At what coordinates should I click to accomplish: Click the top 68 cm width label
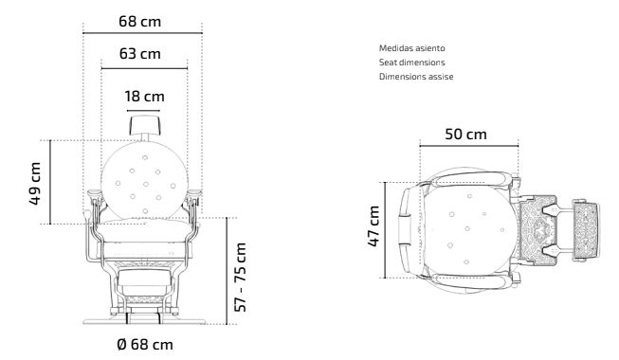(x=139, y=21)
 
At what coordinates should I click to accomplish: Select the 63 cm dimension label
(x=140, y=54)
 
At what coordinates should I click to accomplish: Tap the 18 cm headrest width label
(x=144, y=97)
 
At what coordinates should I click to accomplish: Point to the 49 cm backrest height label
(x=35, y=184)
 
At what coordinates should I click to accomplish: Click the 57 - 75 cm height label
(x=241, y=277)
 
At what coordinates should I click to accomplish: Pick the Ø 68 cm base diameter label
(x=145, y=344)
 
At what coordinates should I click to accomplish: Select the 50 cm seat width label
(x=465, y=135)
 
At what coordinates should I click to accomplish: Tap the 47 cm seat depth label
(x=373, y=226)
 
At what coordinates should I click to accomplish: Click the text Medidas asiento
(x=411, y=48)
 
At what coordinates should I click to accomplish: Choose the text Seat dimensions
(x=411, y=63)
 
